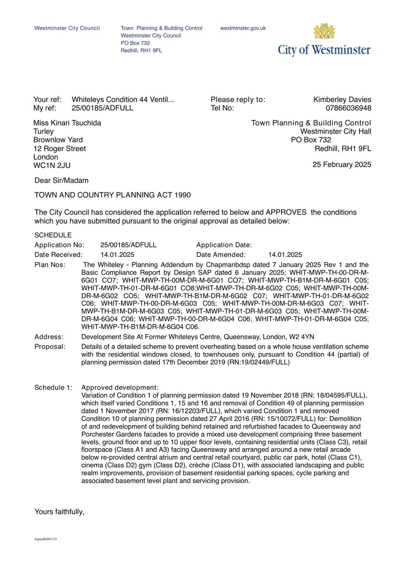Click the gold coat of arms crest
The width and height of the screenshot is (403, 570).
[x=324, y=32]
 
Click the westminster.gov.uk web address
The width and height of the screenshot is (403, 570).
[x=243, y=28]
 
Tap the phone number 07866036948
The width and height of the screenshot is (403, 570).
[x=348, y=108]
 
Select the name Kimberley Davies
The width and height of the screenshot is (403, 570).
[x=342, y=99]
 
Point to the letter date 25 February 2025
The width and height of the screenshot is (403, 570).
[x=342, y=164]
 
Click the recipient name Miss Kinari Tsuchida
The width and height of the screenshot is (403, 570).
[x=67, y=123]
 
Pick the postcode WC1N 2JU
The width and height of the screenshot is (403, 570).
[x=52, y=165]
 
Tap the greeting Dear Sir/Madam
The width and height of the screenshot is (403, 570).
[x=61, y=180]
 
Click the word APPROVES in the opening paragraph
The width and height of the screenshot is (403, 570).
[x=286, y=212]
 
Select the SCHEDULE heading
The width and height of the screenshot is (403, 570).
[x=53, y=235]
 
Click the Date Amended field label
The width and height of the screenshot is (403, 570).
[x=221, y=254]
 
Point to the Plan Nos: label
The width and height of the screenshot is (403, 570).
[x=50, y=265]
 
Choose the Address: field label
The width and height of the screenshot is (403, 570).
[x=49, y=337]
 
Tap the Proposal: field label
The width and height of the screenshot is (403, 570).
[x=50, y=347]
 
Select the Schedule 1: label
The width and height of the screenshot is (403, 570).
[x=53, y=387]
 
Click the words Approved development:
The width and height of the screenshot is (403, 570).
[x=120, y=387]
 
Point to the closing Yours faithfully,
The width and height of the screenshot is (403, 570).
[x=59, y=512]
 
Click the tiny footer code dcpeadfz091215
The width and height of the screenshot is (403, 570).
[x=46, y=539]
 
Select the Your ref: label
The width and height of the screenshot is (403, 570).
[x=47, y=99]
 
